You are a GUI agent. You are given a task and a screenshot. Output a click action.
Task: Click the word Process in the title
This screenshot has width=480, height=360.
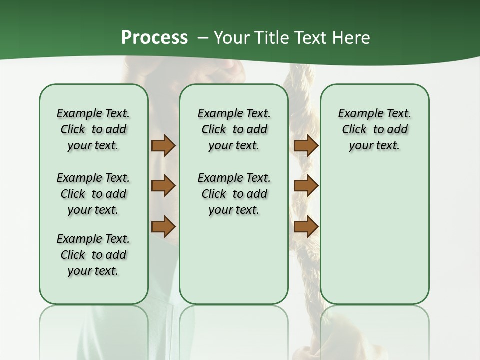(154, 38)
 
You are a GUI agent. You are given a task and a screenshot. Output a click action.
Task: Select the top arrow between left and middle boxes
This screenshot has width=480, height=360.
(163, 145)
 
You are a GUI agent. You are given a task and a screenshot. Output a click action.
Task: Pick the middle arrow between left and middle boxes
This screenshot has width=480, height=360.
(163, 186)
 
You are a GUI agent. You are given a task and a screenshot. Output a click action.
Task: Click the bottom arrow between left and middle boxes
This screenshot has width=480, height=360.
(163, 227)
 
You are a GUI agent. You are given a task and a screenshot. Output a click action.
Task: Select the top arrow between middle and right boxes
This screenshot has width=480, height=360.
(306, 145)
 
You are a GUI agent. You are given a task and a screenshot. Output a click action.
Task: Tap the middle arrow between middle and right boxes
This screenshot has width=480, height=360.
(306, 186)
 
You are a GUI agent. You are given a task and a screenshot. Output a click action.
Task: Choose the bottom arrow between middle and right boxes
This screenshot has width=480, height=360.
(306, 227)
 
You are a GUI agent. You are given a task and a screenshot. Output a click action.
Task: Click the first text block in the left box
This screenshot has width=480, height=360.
(93, 129)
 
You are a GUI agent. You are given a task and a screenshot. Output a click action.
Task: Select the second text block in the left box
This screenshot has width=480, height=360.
(93, 194)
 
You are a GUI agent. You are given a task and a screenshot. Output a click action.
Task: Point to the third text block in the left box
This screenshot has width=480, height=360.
(93, 255)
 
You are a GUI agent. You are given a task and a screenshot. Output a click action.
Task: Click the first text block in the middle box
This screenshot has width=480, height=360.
(234, 129)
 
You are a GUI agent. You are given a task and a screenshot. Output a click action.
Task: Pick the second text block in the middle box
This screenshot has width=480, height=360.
(234, 194)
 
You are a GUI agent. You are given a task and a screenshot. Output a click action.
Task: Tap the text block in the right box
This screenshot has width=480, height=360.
(374, 129)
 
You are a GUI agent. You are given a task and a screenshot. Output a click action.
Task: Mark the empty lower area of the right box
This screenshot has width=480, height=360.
(374, 230)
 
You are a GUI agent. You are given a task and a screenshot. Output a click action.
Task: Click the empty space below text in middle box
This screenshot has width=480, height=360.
(234, 260)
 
